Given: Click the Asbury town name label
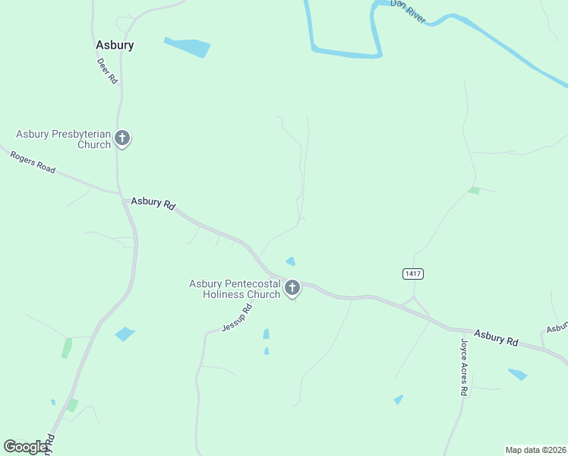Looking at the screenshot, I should (115, 45).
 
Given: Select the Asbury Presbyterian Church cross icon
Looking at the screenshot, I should (122, 138).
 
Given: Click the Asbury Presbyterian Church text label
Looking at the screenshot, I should (64, 139).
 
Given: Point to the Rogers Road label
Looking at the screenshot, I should (32, 162).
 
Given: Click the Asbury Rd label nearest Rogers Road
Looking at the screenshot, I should (153, 203).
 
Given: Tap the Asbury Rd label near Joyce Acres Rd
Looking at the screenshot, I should (497, 337).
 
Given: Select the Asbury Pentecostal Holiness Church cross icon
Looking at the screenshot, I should (292, 288).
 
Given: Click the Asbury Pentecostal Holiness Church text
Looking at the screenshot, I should (235, 289).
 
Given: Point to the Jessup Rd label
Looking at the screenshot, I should (236, 318).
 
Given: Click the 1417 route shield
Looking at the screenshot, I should (413, 274).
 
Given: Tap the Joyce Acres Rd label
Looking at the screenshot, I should (462, 367).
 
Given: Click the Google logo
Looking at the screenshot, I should (25, 447).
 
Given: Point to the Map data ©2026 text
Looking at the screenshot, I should (535, 449).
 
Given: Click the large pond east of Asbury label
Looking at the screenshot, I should (187, 47).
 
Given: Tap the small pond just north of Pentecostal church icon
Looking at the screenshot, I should (290, 261).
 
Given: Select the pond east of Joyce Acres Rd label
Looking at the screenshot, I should (518, 374).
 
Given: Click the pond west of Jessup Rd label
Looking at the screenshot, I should (125, 334).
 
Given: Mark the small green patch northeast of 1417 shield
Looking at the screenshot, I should (474, 190).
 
